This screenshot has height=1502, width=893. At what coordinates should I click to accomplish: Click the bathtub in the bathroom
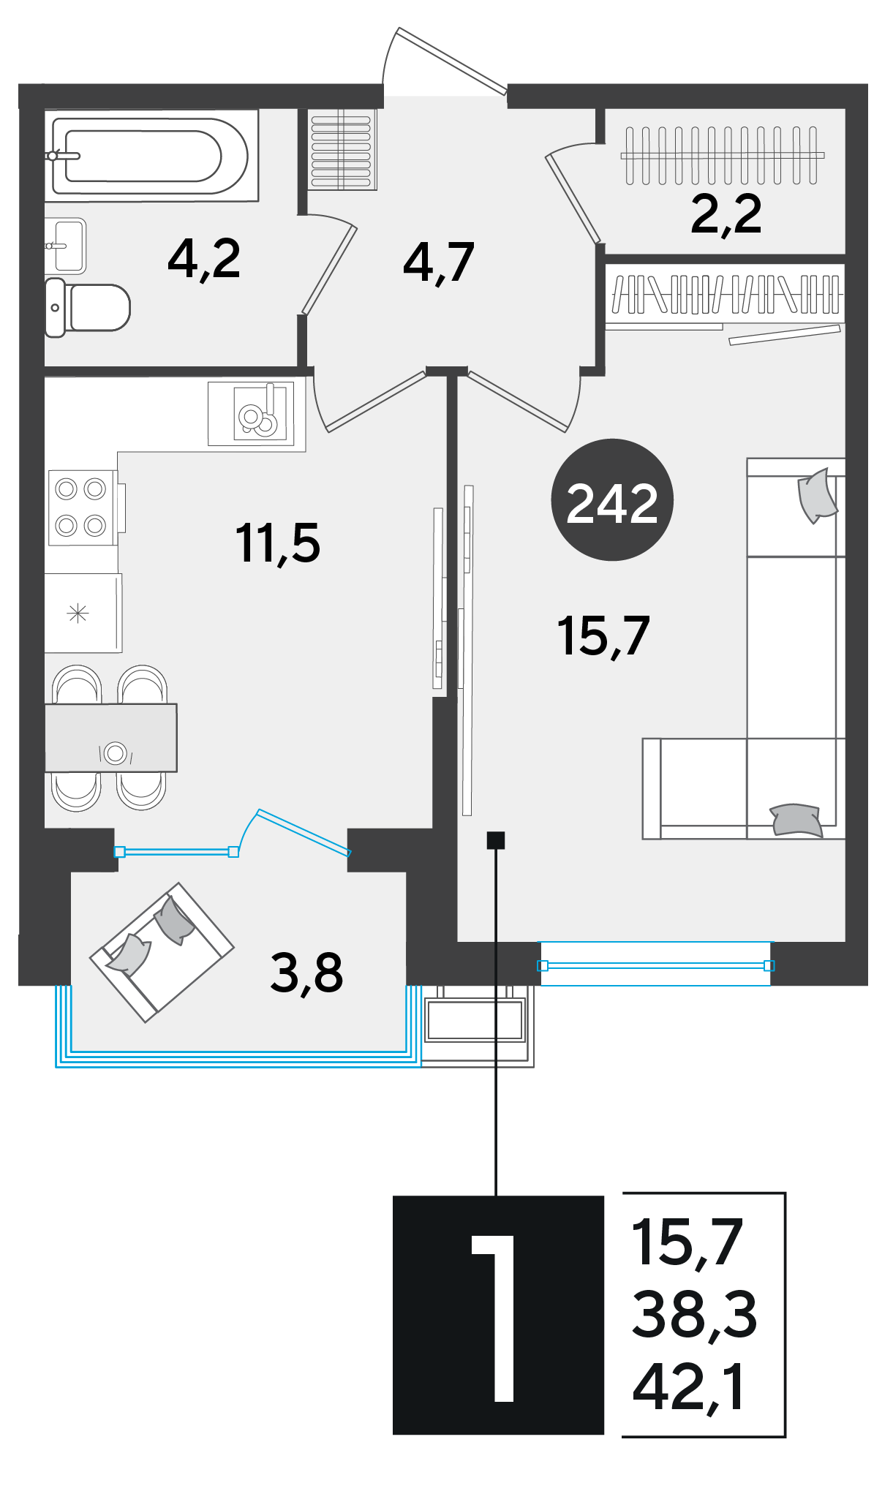[151, 155]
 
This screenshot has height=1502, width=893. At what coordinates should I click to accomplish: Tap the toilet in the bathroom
[87, 308]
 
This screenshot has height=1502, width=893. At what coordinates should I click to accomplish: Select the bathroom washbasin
[66, 246]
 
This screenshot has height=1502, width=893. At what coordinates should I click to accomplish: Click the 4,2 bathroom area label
[204, 260]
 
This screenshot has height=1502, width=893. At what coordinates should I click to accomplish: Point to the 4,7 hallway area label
[439, 263]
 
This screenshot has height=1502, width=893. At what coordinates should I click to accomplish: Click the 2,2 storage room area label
[726, 215]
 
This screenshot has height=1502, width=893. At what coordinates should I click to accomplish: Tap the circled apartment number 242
[612, 500]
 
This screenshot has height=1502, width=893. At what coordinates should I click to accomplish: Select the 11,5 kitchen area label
[278, 543]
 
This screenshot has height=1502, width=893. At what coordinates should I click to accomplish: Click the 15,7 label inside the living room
[603, 635]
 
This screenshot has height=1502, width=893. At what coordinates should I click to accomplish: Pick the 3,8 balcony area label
[306, 973]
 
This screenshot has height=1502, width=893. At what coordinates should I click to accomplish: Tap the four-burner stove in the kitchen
[81, 507]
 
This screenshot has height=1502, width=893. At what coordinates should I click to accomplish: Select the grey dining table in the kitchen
[110, 738]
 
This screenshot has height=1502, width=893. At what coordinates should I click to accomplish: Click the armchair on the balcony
[162, 952]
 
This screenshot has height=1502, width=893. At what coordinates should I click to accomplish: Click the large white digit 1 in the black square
[495, 1318]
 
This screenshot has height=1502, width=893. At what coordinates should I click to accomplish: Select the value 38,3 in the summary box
[694, 1316]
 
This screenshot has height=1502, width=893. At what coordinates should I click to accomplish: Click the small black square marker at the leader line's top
[496, 840]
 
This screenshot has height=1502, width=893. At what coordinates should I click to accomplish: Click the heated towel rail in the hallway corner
[341, 150]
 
